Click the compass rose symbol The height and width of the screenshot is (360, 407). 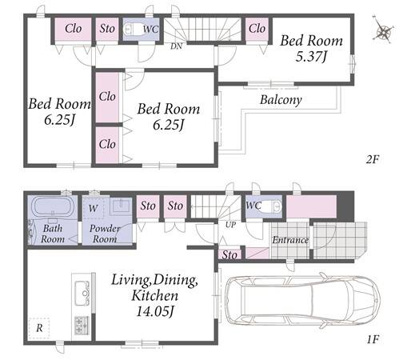[x=383, y=30]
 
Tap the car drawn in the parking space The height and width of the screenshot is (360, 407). [x=302, y=301]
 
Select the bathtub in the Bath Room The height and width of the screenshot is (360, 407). [x=53, y=206]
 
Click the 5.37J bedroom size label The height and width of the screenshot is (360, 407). [x=311, y=57]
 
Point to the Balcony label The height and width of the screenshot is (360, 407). [x=281, y=100]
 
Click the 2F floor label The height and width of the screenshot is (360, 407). [x=373, y=159]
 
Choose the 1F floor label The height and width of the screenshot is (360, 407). [x=373, y=339]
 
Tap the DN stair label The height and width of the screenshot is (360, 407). [x=176, y=46]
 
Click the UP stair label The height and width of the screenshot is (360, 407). [x=230, y=225]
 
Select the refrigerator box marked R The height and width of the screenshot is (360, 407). [x=39, y=328]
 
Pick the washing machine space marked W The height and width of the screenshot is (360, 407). [x=93, y=208]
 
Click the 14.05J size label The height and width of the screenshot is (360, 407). [x=155, y=311]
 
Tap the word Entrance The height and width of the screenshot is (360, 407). [x=290, y=240]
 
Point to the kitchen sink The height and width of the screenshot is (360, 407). [x=82, y=293]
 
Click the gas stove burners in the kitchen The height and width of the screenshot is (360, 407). [x=82, y=325]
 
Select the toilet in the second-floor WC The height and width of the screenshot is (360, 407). [x=134, y=29]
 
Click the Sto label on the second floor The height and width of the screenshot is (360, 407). [x=107, y=29]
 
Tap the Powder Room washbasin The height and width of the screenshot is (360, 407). [x=121, y=206]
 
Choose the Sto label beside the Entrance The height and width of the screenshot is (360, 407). [x=229, y=255]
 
